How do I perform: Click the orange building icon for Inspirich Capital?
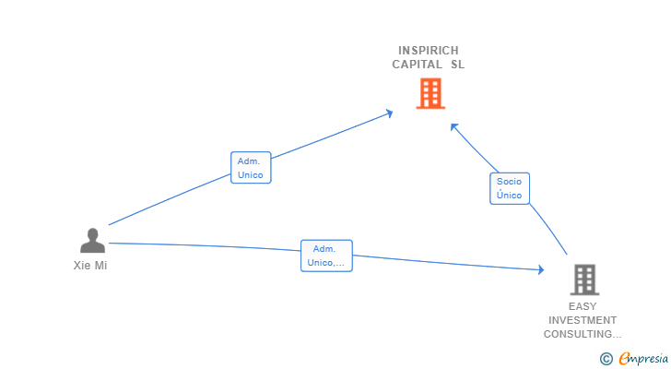[x=430, y=93]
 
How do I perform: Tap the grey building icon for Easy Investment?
[x=584, y=280]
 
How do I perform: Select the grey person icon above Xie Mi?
[x=92, y=240]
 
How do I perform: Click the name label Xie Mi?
[x=90, y=266]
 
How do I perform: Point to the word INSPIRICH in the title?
[x=429, y=51]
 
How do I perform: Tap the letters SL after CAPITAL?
[x=457, y=65]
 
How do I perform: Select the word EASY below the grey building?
[x=583, y=306]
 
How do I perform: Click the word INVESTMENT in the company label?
[x=583, y=320]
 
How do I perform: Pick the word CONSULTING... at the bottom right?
[x=583, y=334]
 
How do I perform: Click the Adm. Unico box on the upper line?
[x=251, y=167]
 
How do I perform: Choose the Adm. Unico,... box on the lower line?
[x=326, y=256]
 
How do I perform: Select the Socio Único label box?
[x=510, y=188]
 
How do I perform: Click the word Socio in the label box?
[x=509, y=182]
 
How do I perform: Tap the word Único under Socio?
[x=509, y=195]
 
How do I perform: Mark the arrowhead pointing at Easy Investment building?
[x=541, y=269]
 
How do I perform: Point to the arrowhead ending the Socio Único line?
[x=453, y=126]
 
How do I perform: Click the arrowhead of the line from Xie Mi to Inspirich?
[x=389, y=113]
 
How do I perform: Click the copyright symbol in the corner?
[x=606, y=359]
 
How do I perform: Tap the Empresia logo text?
[x=643, y=358]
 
